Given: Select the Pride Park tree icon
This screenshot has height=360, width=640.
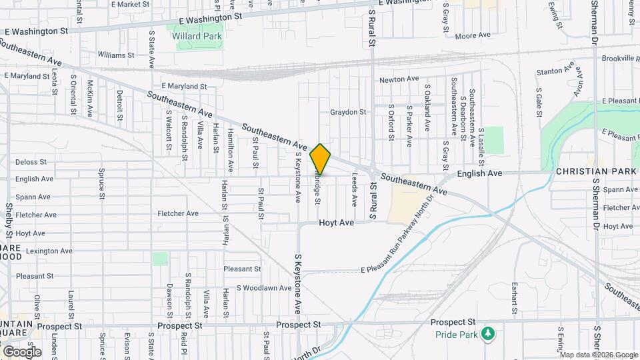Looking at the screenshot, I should pos(489,333).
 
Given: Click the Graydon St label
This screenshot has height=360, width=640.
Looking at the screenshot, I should pos(348,113).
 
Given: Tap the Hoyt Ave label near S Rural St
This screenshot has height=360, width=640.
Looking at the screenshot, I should pos(336,223).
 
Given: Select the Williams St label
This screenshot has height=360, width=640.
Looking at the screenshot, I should pos(115,55).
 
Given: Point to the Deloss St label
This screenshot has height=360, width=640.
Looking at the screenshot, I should pos(31,162).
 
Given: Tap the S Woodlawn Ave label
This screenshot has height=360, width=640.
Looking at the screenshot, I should pos(264,288).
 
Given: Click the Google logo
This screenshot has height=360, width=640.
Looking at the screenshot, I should pos(22,351).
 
